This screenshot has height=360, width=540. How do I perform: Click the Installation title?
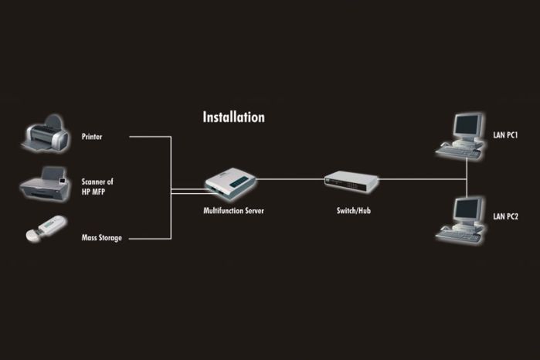[x=233, y=117]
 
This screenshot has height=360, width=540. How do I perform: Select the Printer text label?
[x=92, y=137]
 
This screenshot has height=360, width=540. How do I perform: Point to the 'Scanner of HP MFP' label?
[x=97, y=186]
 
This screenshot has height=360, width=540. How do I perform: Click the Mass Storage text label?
[x=102, y=237]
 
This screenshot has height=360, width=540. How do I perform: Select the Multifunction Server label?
[x=233, y=210]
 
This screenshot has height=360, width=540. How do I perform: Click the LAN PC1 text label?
[x=505, y=135]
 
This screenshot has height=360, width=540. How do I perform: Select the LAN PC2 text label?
[x=505, y=217]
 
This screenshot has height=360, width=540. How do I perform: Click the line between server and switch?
[x=290, y=178]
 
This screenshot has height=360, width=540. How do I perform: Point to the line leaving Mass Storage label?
[x=149, y=237]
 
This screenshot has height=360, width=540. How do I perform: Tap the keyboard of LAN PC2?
[x=458, y=233]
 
